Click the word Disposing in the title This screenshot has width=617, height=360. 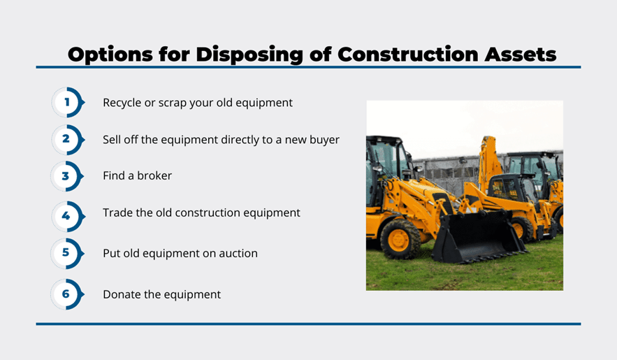[x=249, y=55]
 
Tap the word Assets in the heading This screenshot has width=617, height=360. [x=520, y=55]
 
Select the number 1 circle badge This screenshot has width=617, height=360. [x=68, y=102]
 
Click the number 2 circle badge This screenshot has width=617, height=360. [x=68, y=139]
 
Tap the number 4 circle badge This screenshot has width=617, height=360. [x=68, y=216]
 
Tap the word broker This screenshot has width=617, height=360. [x=154, y=175]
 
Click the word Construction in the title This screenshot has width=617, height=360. [x=407, y=55]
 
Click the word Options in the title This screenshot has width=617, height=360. [x=110, y=55]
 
